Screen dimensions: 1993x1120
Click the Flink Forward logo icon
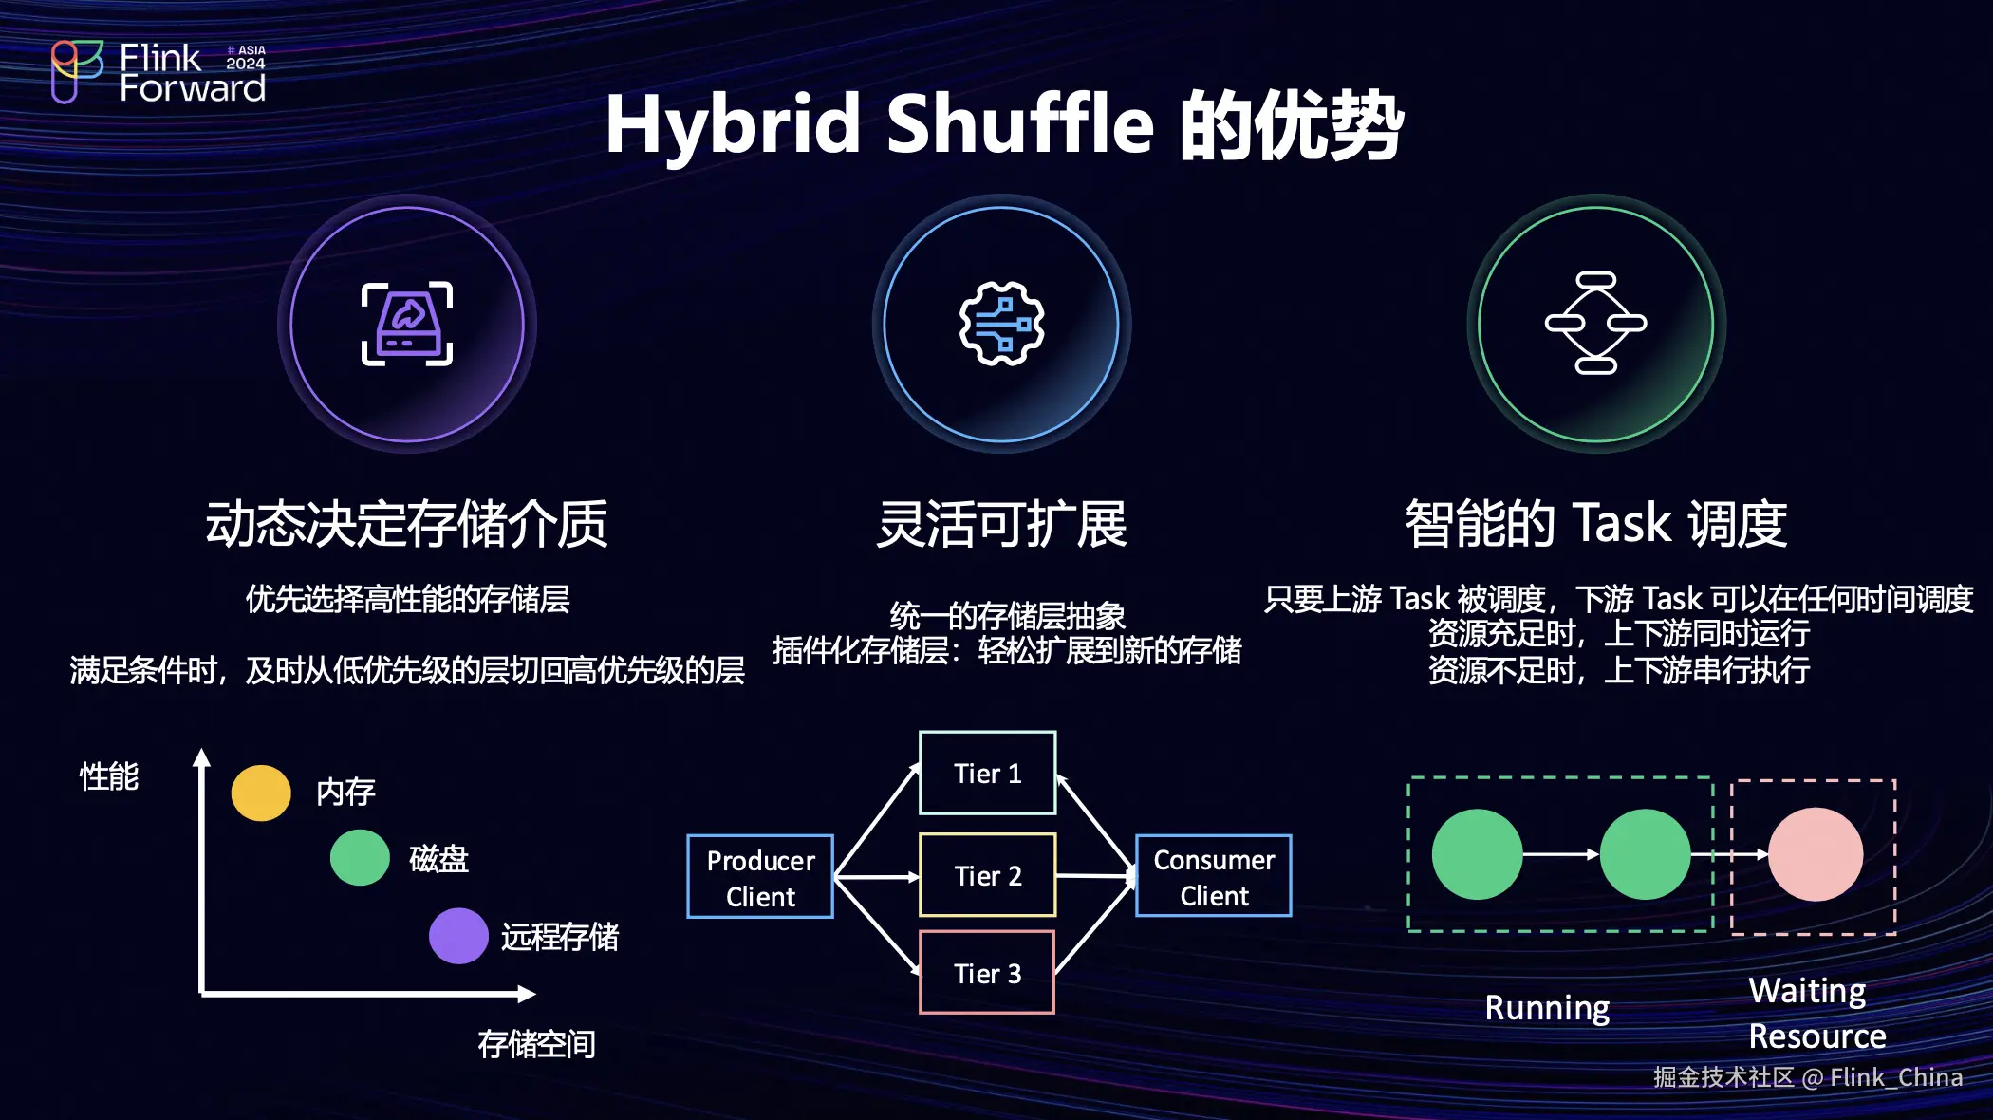click(x=76, y=71)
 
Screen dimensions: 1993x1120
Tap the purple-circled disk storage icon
click(x=407, y=324)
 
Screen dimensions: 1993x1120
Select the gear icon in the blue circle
click(x=1001, y=324)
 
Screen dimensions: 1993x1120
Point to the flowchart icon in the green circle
click(x=1595, y=324)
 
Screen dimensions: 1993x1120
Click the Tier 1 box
click(x=987, y=773)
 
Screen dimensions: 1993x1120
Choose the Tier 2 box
click(x=987, y=875)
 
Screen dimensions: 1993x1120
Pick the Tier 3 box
click(x=987, y=973)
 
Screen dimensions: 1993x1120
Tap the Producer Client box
click(x=760, y=877)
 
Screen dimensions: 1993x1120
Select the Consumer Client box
click(x=1214, y=876)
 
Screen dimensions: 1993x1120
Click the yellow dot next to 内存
click(x=261, y=793)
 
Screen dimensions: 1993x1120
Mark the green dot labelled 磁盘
click(x=360, y=857)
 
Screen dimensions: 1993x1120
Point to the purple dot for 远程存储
click(x=458, y=936)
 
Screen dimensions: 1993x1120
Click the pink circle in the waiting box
click(x=1815, y=854)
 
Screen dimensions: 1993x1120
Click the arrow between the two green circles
click(x=1561, y=854)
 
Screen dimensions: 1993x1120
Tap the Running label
click(x=1547, y=1007)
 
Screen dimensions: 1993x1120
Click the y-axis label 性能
click(x=109, y=776)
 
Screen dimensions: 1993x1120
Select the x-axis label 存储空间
click(x=536, y=1044)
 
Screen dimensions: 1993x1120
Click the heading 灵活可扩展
click(x=1001, y=524)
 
